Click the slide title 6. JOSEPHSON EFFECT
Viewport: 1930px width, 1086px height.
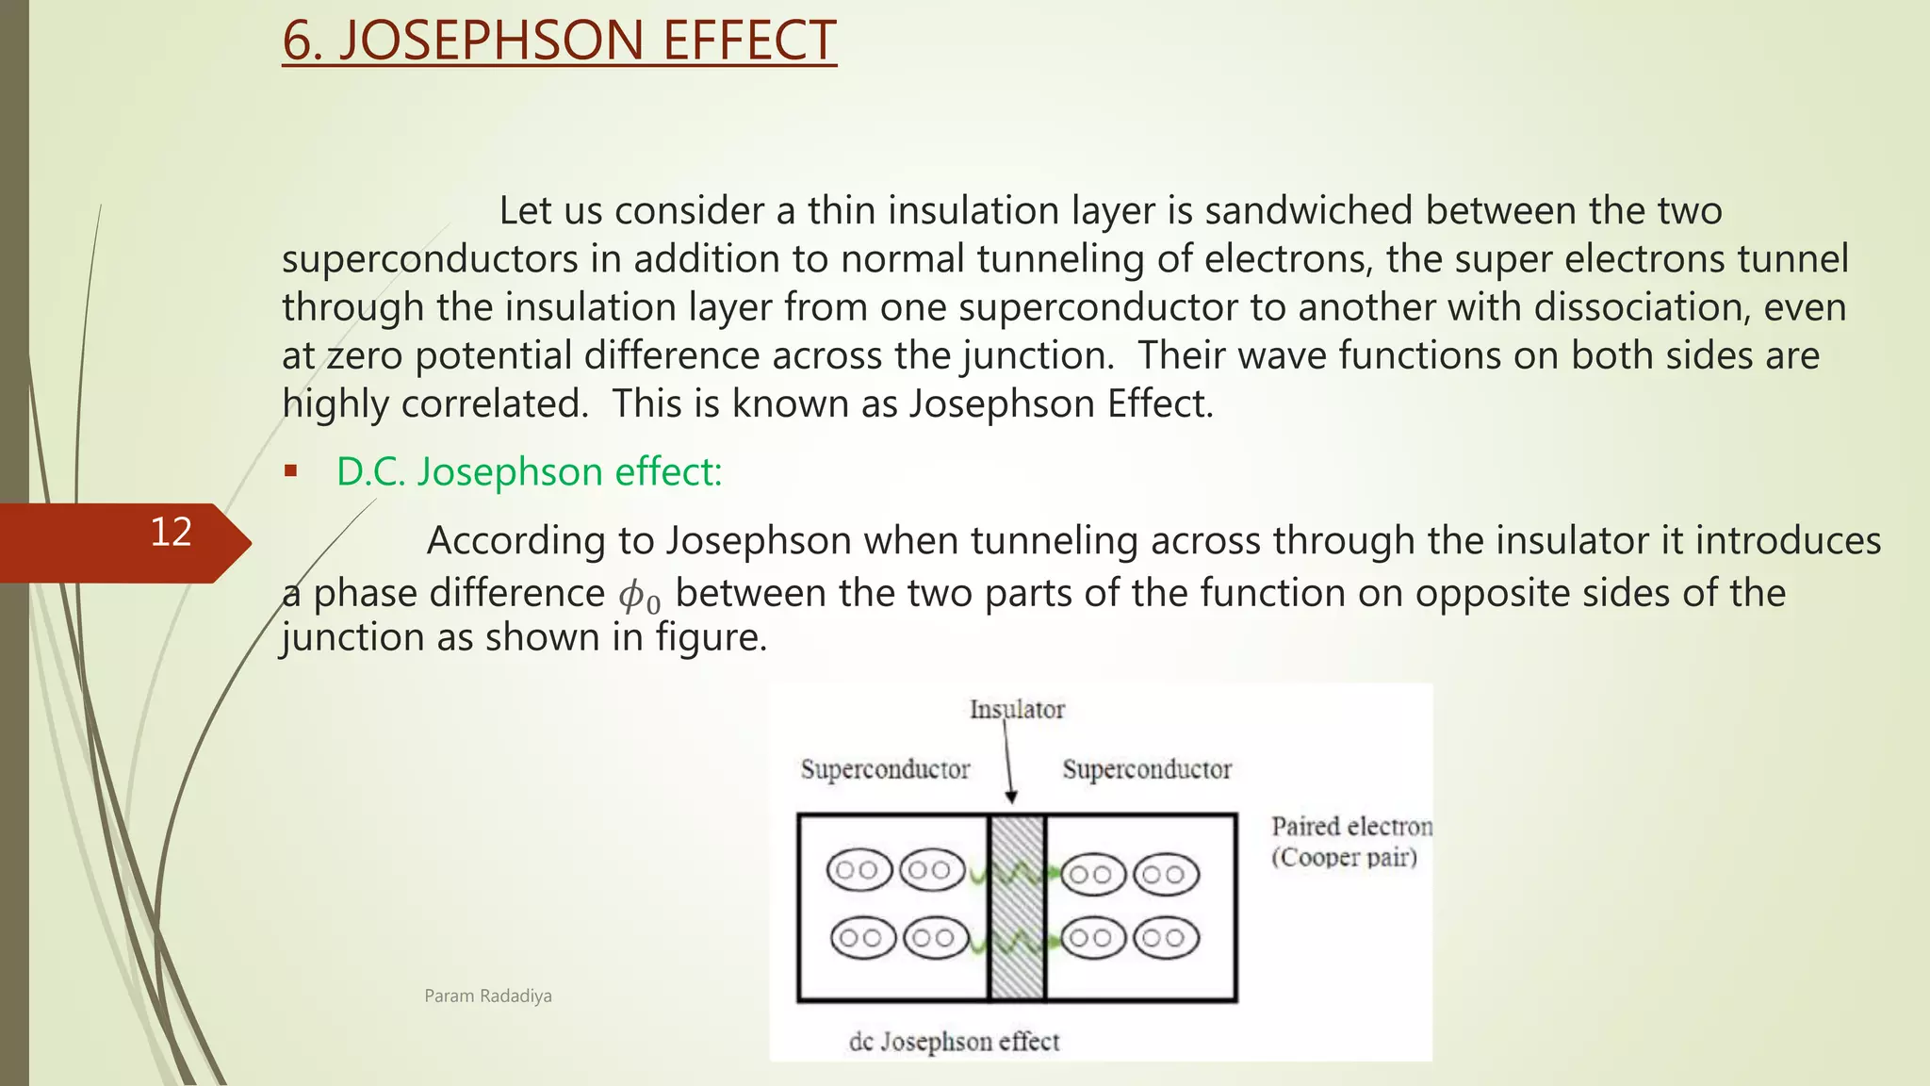(559, 41)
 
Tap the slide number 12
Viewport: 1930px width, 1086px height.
(172, 533)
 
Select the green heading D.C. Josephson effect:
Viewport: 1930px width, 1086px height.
(529, 471)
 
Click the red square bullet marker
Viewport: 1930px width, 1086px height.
(290, 470)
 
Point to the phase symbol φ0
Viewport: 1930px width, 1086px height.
(639, 597)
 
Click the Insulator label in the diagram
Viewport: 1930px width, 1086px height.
(1017, 709)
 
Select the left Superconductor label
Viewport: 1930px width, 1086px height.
(885, 769)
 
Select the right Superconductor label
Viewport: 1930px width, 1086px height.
(1147, 769)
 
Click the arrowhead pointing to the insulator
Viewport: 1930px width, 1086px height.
(1011, 798)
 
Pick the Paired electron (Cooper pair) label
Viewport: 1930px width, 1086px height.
(1349, 841)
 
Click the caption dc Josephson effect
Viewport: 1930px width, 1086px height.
(954, 1042)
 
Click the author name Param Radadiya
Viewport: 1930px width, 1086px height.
(488, 996)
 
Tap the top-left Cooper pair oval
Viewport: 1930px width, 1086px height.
(859, 870)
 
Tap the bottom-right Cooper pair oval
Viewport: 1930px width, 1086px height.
(1166, 938)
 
